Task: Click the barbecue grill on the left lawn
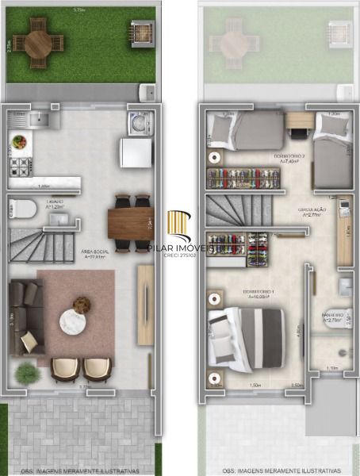click(140, 34)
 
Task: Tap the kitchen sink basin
click(39, 121)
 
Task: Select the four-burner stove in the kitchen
click(19, 167)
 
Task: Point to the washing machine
click(138, 124)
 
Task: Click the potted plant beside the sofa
click(26, 372)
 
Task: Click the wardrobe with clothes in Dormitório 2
click(243, 178)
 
